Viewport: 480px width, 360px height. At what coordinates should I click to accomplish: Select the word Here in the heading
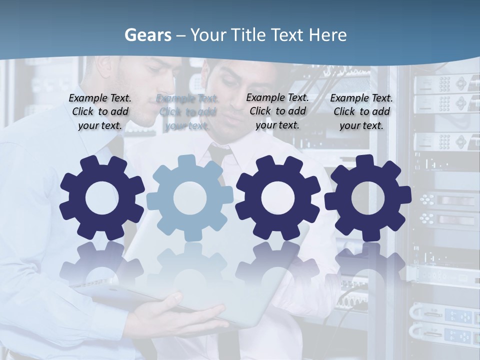pyautogui.click(x=327, y=35)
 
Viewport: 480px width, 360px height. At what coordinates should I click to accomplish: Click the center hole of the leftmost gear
pyautogui.click(x=102, y=198)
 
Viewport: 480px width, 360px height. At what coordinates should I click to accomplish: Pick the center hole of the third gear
pyautogui.click(x=277, y=198)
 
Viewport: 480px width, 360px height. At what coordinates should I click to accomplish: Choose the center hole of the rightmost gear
pyautogui.click(x=368, y=197)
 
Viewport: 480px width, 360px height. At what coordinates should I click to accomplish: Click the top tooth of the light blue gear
pyautogui.click(x=186, y=161)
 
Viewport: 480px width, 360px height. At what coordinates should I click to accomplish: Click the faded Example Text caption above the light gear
pyautogui.click(x=187, y=112)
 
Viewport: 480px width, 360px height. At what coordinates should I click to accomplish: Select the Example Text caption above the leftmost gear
pyautogui.click(x=100, y=112)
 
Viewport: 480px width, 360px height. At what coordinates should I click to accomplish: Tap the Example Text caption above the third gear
pyautogui.click(x=277, y=111)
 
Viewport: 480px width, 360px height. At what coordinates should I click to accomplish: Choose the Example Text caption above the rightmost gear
pyautogui.click(x=361, y=112)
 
